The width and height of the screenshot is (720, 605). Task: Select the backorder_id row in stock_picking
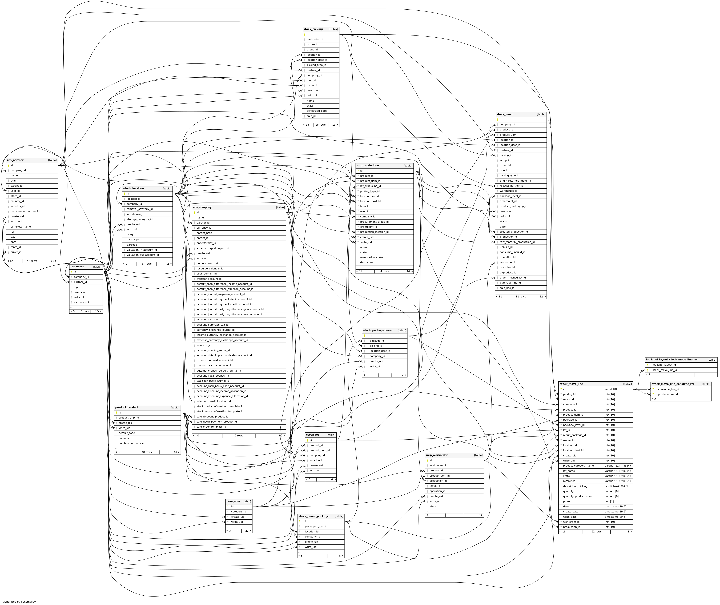315,39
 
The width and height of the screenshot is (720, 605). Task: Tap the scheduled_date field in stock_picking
316,111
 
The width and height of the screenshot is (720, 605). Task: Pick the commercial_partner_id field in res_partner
25,211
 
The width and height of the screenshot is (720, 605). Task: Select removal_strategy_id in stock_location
140,209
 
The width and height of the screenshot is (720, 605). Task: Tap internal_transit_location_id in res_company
213,401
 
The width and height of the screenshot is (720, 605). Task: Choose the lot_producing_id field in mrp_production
370,186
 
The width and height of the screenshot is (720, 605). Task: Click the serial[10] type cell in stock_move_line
611,389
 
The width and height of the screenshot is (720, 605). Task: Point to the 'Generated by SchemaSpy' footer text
19,602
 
